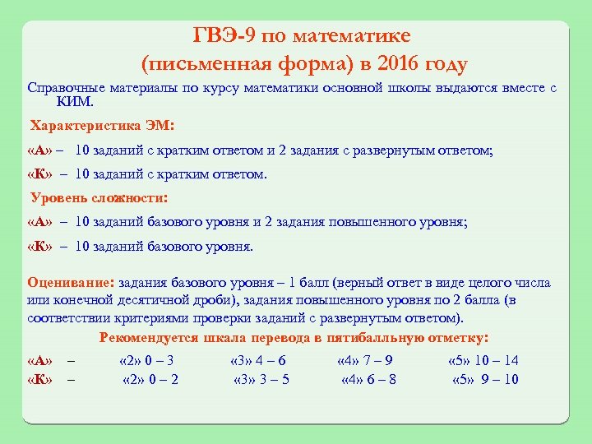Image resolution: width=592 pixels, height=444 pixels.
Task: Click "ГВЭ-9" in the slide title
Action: [220, 36]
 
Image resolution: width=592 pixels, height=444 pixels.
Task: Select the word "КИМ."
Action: [76, 102]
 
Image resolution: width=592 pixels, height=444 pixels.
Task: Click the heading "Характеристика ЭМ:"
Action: [103, 127]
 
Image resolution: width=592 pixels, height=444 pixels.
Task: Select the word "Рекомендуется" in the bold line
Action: [148, 338]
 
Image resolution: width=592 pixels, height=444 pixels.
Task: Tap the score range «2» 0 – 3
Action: [146, 360]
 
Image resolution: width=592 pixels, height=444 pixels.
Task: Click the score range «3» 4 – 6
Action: [258, 360]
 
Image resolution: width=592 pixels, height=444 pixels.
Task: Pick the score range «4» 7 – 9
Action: [365, 360]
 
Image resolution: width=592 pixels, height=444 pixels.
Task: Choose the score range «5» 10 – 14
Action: [483, 360]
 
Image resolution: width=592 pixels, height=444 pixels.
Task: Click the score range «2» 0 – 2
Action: [150, 379]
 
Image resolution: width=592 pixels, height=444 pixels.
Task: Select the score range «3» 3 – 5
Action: [261, 379]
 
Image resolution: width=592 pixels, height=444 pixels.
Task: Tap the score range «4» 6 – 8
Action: [368, 379]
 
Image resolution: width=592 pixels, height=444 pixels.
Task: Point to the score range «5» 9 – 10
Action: [485, 379]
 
